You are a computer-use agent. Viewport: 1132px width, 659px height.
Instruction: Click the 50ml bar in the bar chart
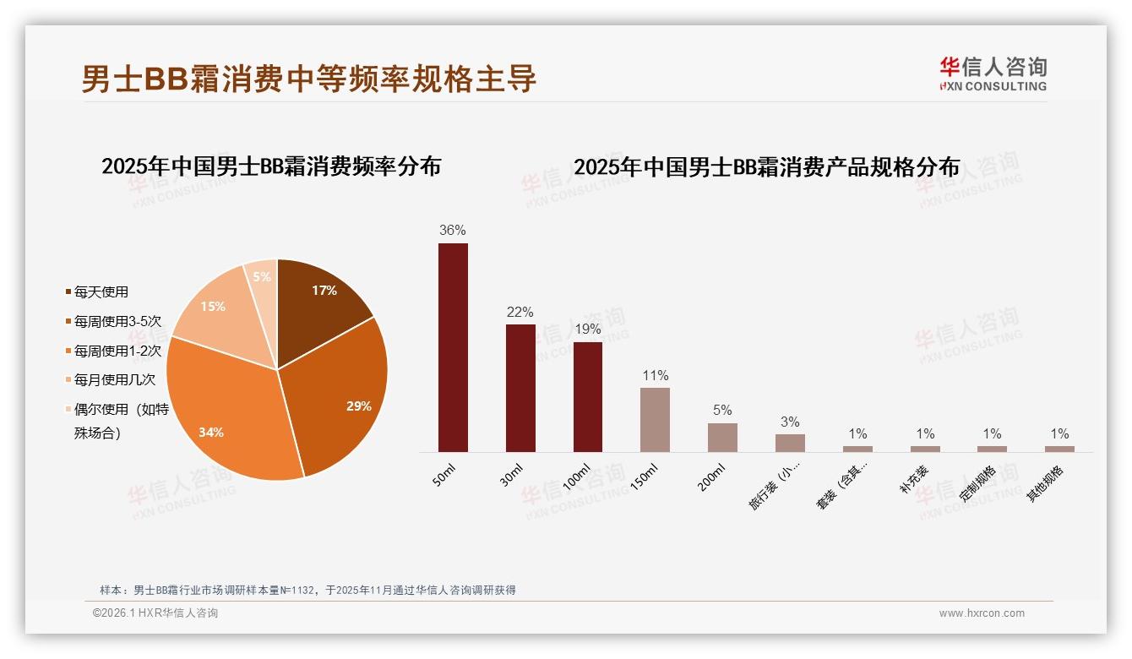click(x=453, y=347)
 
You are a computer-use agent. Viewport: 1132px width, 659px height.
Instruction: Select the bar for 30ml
click(x=520, y=388)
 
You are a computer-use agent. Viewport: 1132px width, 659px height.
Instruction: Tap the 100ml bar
click(x=588, y=396)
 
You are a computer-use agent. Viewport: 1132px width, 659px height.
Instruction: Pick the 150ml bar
click(x=655, y=420)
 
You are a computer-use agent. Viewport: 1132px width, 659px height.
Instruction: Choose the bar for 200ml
click(x=722, y=437)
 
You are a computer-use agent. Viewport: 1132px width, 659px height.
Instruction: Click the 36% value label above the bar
click(x=453, y=230)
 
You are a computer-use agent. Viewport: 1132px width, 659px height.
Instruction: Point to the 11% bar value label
click(x=655, y=375)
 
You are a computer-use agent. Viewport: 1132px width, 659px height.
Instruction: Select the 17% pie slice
click(x=317, y=300)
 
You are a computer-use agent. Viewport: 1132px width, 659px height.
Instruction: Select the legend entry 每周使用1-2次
click(x=117, y=351)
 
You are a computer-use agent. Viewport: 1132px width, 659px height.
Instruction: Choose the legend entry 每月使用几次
click(x=114, y=380)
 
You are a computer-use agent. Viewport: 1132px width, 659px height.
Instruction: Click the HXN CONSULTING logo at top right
click(x=993, y=74)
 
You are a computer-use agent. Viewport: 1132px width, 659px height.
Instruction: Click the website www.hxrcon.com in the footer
click(x=982, y=613)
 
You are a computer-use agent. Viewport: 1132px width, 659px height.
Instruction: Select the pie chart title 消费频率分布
click(x=271, y=166)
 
